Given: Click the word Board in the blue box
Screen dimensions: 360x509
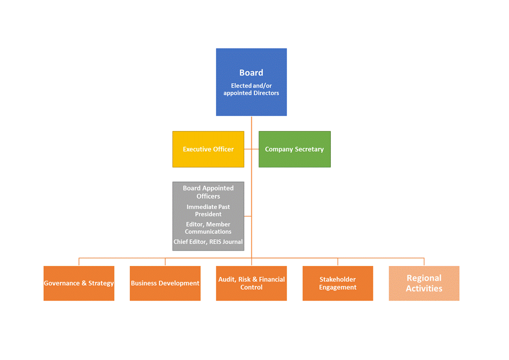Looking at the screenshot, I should [251, 73].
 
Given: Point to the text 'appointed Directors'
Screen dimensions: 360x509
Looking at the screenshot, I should [251, 93].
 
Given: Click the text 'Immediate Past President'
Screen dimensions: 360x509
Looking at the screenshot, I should [208, 210].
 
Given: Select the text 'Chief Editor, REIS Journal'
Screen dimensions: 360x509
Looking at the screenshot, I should [208, 242].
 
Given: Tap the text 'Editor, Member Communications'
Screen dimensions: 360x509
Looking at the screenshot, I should [208, 228].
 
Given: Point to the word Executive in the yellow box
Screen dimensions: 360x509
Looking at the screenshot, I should [197, 149].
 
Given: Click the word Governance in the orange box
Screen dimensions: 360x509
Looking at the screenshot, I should [62, 283].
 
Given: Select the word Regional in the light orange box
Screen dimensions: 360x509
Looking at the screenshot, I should [424, 278].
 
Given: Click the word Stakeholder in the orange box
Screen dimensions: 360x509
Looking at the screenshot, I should [338, 279].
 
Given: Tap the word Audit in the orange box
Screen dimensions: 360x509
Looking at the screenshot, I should [226, 279].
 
